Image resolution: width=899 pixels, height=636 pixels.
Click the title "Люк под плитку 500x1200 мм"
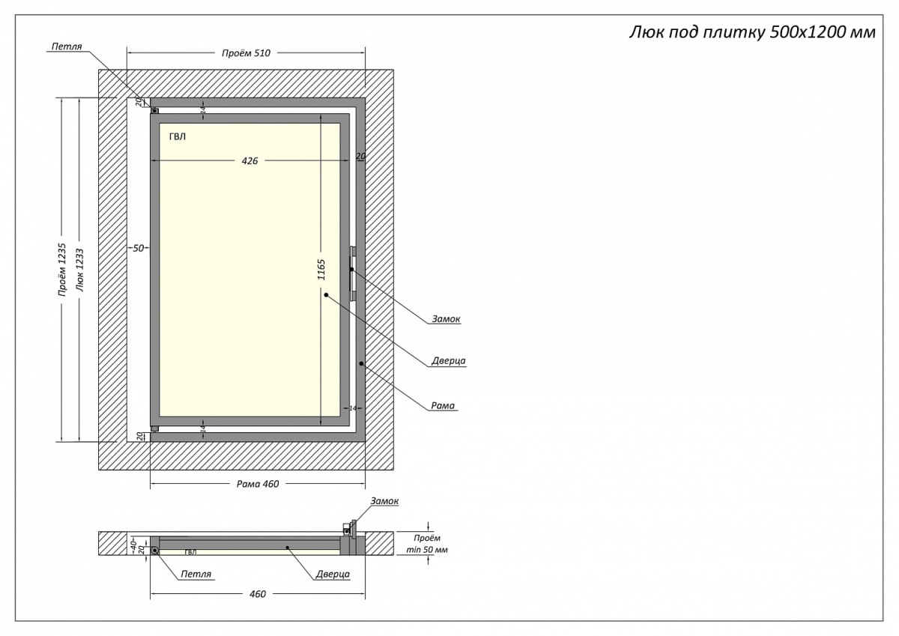750,32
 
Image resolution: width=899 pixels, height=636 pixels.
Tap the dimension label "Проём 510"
246,53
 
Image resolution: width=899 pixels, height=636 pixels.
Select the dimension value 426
249,161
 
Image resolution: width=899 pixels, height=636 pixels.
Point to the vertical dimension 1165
321,270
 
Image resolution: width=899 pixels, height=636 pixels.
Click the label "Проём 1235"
63,270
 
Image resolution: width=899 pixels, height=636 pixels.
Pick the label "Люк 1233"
79,270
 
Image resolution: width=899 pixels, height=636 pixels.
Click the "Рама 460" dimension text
258,484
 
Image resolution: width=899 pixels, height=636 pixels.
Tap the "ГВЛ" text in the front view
178,136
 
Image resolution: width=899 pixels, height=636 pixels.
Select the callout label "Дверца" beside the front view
448,361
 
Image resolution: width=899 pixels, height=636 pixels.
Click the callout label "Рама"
443,406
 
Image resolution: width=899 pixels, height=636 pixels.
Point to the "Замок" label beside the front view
446,319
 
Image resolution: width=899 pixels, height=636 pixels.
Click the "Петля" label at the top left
66,46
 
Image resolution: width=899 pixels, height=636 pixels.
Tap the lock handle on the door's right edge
351,269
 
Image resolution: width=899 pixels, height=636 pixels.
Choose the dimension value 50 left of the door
138,248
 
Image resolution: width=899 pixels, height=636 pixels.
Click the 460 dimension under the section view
257,594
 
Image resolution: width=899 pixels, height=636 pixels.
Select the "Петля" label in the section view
196,575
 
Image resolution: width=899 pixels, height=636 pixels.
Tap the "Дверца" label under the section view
333,575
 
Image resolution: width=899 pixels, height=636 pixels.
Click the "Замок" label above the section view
384,501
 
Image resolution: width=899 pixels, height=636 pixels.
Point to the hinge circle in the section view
155,551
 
